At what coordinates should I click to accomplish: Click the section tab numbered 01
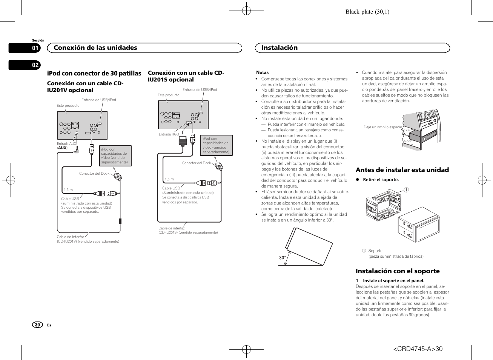(x=35, y=48)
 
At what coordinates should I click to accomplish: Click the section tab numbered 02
(x=35, y=65)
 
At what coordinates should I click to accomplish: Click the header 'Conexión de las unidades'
(x=95, y=48)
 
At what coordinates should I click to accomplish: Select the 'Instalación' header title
(x=280, y=48)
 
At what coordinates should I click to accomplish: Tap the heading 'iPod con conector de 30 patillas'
(x=94, y=73)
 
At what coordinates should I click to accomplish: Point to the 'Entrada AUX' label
(x=66, y=144)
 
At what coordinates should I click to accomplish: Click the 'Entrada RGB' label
(x=169, y=134)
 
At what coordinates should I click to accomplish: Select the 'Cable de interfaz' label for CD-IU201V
(x=71, y=237)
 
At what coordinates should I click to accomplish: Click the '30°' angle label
(x=282, y=258)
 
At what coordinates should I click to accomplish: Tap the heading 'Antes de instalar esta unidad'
(x=402, y=170)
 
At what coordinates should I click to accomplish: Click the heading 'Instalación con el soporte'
(x=398, y=271)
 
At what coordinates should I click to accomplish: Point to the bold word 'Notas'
(x=263, y=72)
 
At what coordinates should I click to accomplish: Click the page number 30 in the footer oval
(x=37, y=325)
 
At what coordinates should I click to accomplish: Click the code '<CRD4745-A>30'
(x=418, y=349)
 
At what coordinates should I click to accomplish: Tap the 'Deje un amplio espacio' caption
(x=382, y=127)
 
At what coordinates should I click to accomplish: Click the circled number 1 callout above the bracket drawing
(x=406, y=190)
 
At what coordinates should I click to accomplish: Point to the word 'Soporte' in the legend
(x=375, y=251)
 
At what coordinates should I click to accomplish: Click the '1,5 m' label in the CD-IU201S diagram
(x=169, y=179)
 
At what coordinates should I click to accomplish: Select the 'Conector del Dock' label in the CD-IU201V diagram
(x=94, y=174)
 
